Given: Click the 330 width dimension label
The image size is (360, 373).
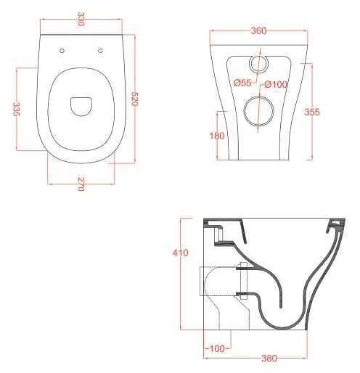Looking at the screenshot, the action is point(81,19).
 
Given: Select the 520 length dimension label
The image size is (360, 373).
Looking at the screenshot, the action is point(134,99).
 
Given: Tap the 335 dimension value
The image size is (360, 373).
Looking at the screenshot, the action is point(16,109).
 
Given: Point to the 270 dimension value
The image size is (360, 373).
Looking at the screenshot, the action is point(81,184).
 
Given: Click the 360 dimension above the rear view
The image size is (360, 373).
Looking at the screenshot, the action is point(258,30).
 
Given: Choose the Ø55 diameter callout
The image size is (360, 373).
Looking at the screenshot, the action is point(242,83).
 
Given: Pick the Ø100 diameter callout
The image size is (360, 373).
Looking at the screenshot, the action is point(276,84).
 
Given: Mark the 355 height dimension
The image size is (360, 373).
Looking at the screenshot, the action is point(312,112).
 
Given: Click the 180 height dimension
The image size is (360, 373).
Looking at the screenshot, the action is point(217,136).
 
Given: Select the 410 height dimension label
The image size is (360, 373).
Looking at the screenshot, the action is point(180,253).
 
